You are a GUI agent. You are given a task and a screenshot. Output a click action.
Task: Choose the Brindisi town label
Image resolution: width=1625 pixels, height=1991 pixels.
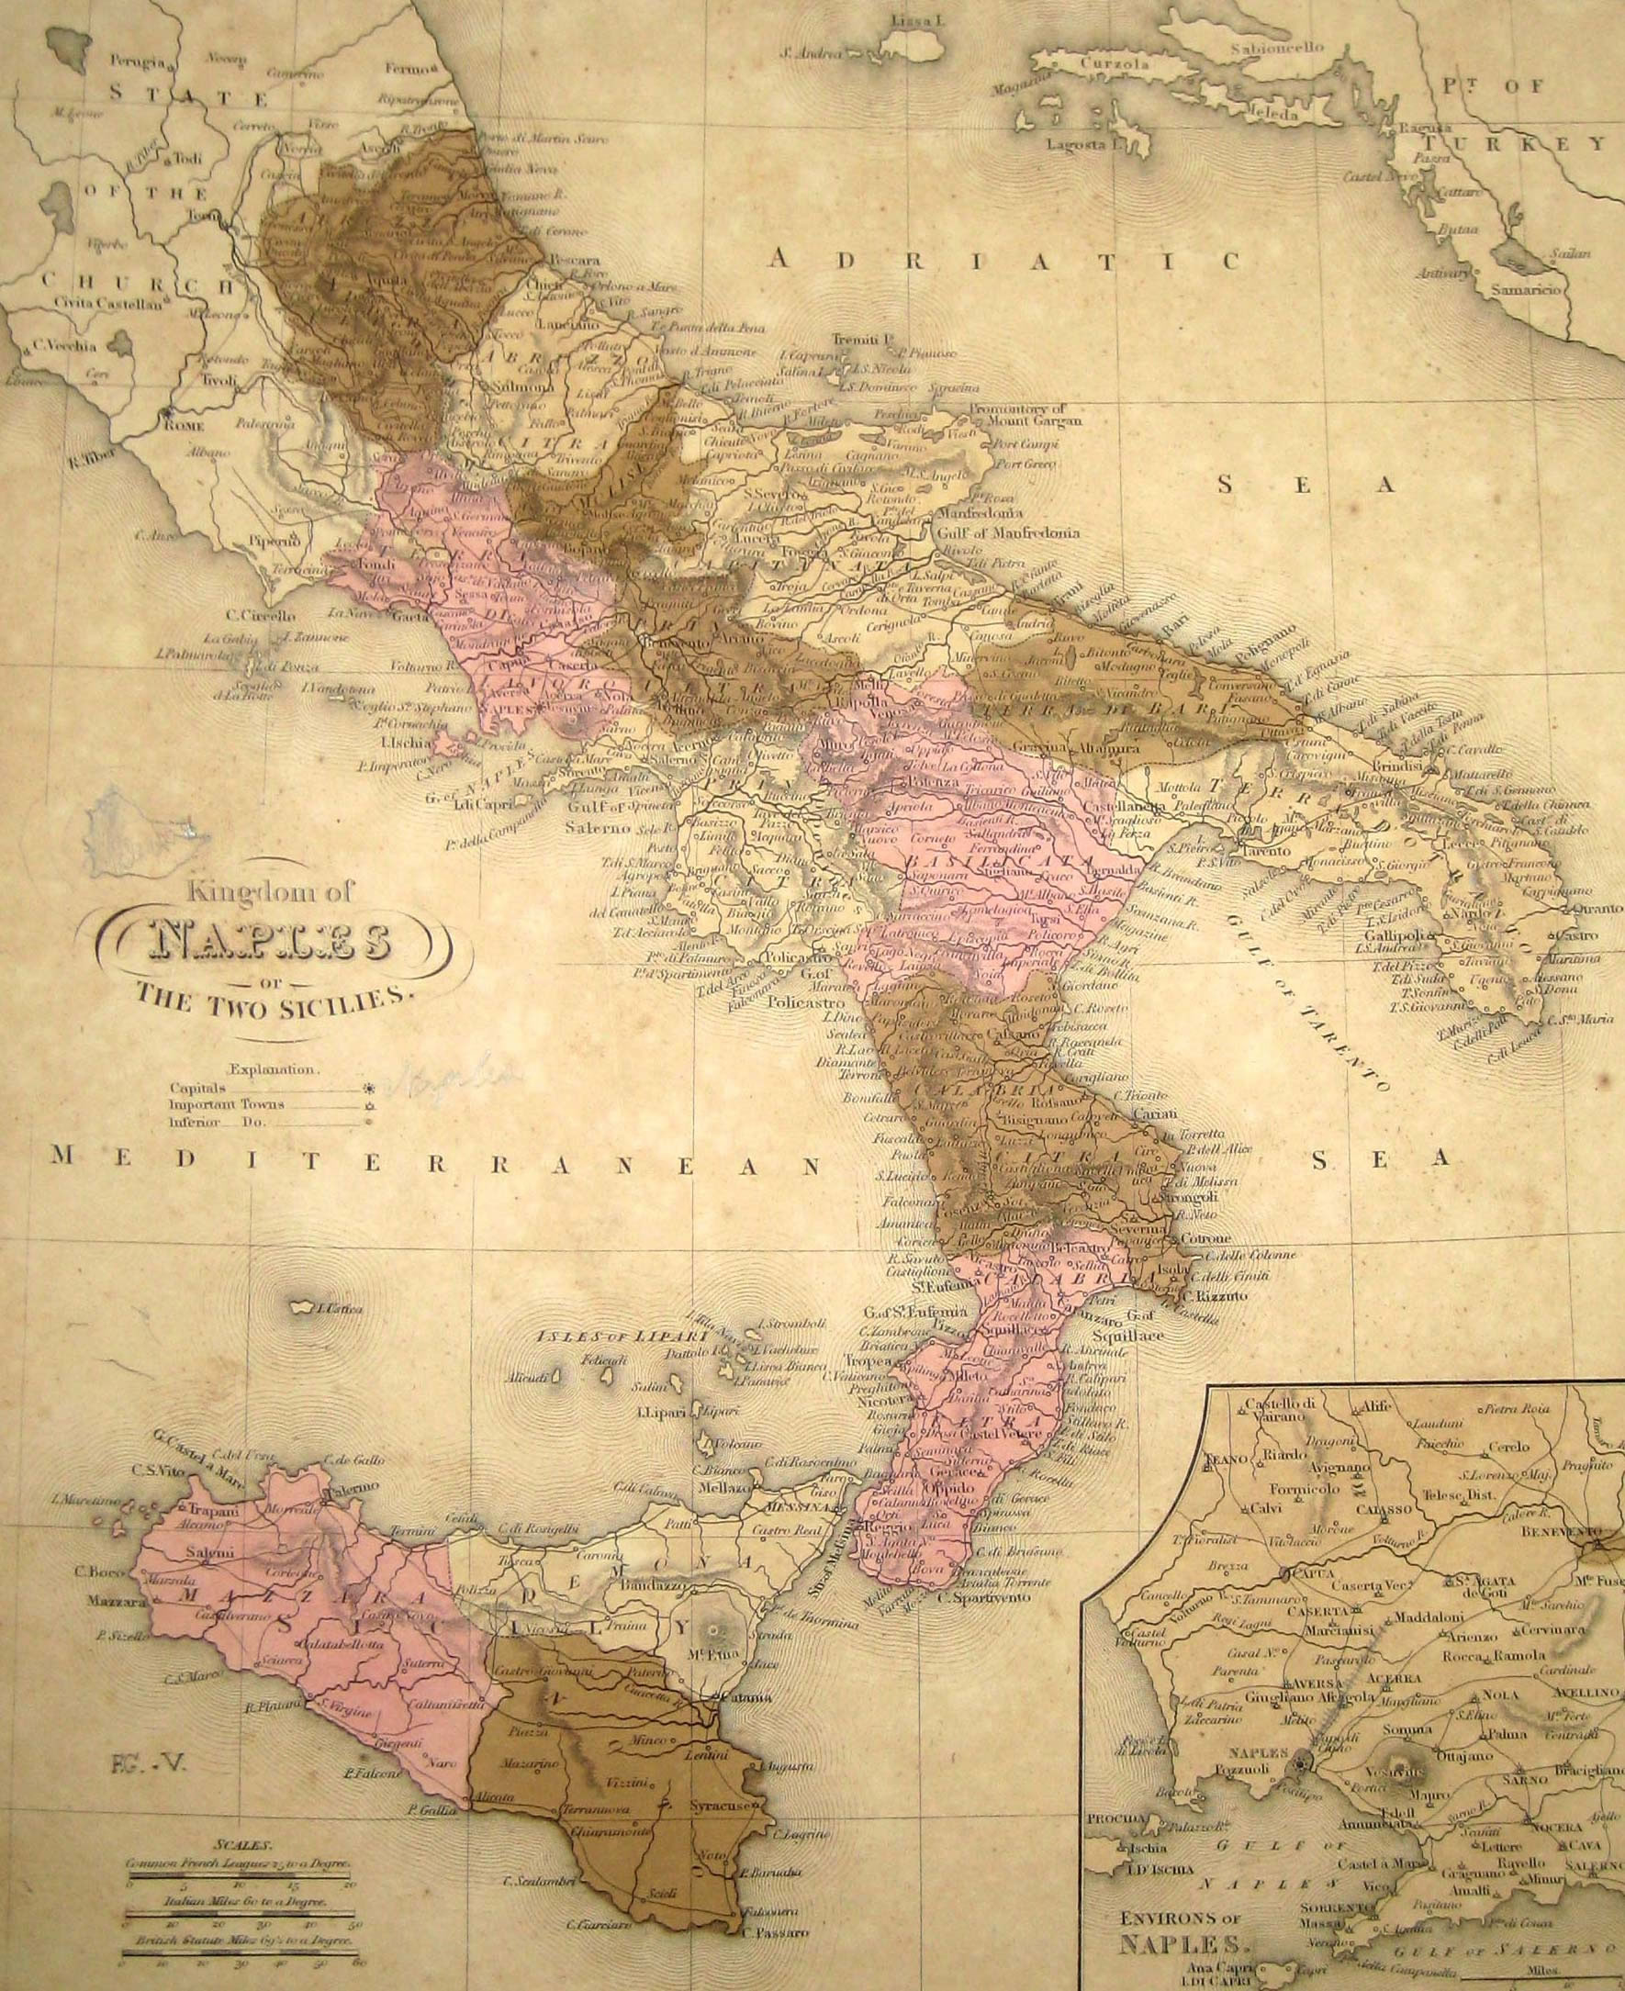point(1422,766)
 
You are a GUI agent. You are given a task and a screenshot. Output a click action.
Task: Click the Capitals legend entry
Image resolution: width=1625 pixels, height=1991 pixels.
point(197,1088)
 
